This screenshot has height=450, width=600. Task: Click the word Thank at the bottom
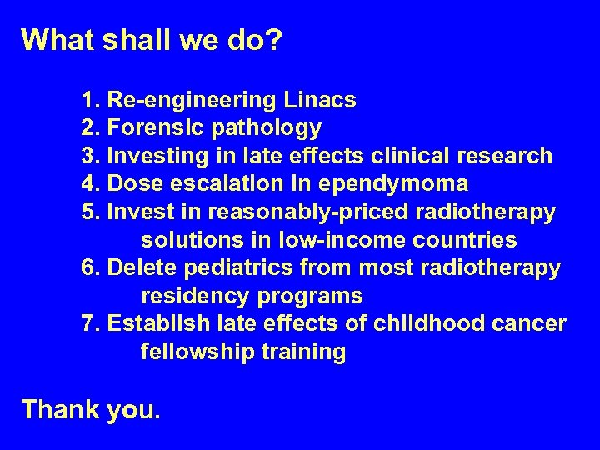[60, 408]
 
